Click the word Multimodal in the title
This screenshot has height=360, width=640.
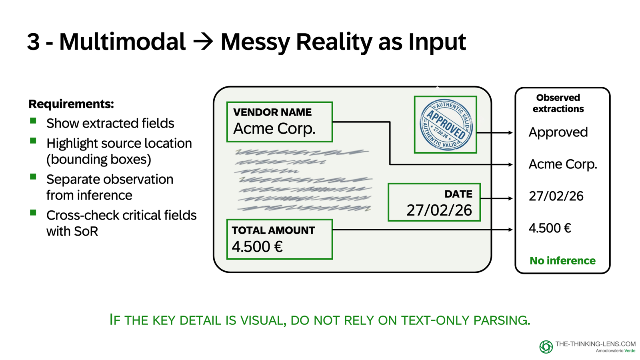(x=122, y=42)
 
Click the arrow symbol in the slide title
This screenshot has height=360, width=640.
(x=203, y=42)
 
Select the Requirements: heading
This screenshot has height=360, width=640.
(x=71, y=104)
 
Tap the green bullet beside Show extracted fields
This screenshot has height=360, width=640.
(x=33, y=121)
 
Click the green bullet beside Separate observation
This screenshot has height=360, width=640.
(x=33, y=177)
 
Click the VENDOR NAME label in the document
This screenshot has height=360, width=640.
(x=272, y=112)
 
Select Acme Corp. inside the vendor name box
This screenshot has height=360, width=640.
(x=274, y=129)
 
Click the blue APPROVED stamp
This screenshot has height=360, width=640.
(x=446, y=124)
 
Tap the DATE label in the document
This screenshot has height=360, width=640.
(x=458, y=194)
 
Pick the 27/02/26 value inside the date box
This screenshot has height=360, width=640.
(x=439, y=210)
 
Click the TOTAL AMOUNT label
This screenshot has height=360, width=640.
(x=273, y=230)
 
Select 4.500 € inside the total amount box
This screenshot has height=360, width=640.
(x=257, y=247)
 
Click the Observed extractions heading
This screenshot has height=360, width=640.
(x=558, y=103)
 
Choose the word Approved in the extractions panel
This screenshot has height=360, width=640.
(x=558, y=132)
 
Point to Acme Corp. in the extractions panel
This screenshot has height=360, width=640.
(x=562, y=164)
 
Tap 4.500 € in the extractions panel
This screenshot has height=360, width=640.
(x=550, y=228)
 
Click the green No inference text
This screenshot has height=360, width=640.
(x=562, y=261)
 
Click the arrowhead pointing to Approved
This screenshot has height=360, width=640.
(x=510, y=132)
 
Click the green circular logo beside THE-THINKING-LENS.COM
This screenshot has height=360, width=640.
(x=546, y=347)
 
